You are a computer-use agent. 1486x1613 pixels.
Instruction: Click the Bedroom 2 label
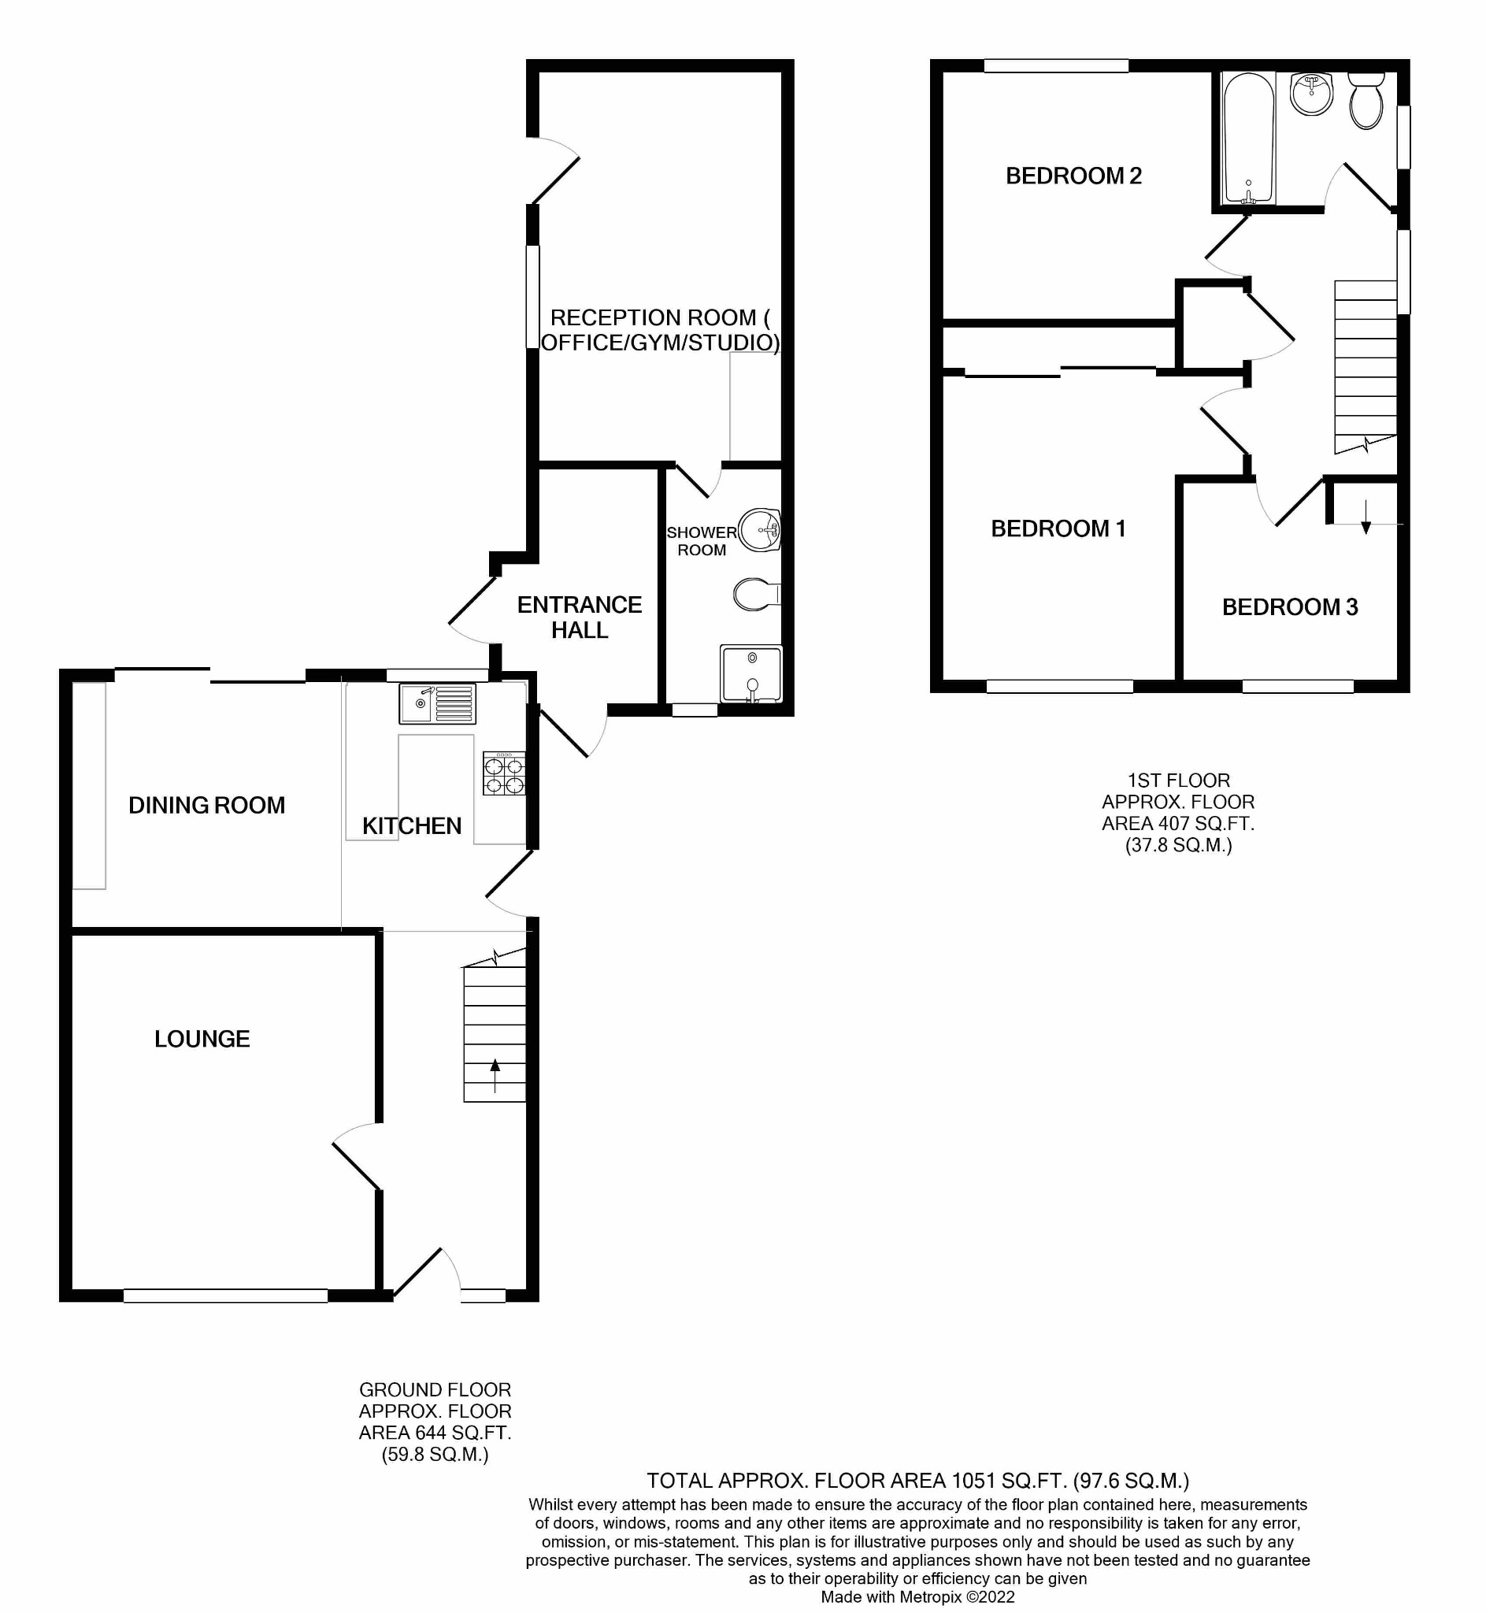point(1073,176)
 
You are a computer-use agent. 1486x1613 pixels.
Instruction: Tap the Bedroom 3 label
point(1290,607)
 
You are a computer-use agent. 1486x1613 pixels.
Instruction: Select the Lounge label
point(202,1039)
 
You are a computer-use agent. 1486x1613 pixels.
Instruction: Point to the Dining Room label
point(206,805)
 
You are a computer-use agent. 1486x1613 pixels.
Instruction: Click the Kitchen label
point(412,826)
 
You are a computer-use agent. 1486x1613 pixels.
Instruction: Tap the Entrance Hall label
point(579,617)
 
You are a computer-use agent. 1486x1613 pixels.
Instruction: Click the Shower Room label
point(701,541)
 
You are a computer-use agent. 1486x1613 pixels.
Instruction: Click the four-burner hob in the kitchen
point(504,773)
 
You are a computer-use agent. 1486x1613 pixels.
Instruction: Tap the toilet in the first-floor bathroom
point(1366,102)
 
